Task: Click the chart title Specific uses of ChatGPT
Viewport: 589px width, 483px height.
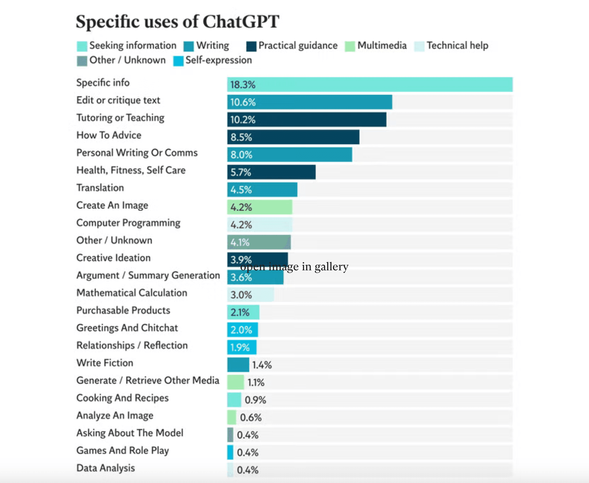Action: point(177,22)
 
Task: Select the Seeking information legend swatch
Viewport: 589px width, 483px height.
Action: point(82,46)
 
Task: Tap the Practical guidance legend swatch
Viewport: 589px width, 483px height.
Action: point(251,46)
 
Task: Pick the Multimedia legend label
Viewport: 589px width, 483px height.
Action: point(382,46)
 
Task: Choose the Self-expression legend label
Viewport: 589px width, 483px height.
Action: point(218,60)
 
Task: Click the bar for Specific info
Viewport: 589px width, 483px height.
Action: point(370,85)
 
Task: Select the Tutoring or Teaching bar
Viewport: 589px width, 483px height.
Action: point(307,120)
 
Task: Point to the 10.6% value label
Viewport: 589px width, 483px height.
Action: point(243,102)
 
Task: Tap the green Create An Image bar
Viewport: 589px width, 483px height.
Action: point(260,207)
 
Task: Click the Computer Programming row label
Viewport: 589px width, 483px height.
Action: point(128,223)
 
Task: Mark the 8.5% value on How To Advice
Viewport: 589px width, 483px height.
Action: point(241,137)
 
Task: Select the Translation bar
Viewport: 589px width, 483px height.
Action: point(262,190)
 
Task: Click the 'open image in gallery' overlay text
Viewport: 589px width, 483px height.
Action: point(294,266)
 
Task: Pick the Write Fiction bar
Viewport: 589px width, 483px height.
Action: point(238,365)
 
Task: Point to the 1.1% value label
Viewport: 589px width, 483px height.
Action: point(256,383)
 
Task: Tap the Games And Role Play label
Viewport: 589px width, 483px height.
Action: point(123,451)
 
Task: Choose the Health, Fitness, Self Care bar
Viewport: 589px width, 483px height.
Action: point(271,172)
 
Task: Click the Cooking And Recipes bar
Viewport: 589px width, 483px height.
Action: point(234,400)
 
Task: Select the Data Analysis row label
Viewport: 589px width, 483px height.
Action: point(106,468)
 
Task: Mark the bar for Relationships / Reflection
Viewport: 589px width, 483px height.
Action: point(242,347)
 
